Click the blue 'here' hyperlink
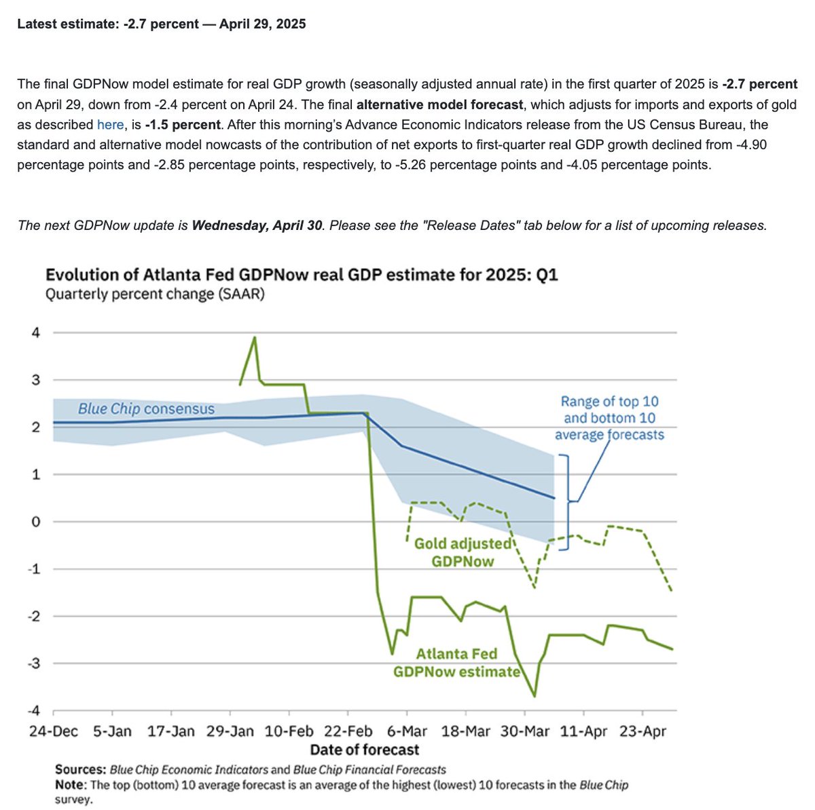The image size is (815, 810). coord(110,125)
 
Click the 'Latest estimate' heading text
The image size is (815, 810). coord(162,24)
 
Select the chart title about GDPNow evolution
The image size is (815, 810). coord(301,275)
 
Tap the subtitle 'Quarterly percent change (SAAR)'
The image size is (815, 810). coord(155,295)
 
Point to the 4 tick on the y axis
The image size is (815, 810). coord(36,332)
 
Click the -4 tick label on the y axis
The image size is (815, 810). coord(33,711)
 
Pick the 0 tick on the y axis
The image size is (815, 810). coord(36,522)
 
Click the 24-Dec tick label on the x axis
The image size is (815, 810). coord(54,731)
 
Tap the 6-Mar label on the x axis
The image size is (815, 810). coord(406,731)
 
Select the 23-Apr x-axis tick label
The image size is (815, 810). coord(642,731)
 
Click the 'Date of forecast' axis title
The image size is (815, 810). coord(365,750)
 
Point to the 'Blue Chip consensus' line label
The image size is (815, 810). coord(146,409)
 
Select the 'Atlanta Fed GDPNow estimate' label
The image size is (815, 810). coord(456,663)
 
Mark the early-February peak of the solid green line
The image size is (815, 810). coord(255,337)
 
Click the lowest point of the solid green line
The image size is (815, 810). coord(535,696)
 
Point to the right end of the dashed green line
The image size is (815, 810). coord(672,591)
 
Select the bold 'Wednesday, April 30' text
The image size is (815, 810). coord(257,226)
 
